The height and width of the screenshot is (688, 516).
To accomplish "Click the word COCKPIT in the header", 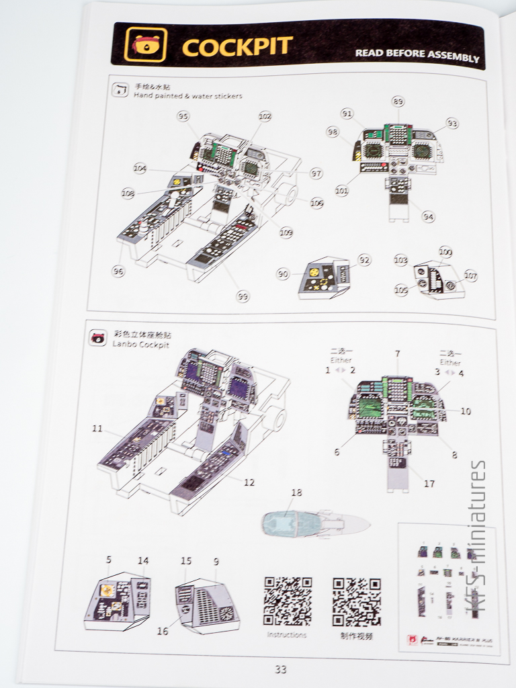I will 236,47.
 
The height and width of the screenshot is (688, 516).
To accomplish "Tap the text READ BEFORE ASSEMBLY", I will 417,55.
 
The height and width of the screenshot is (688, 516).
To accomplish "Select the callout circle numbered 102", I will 265,116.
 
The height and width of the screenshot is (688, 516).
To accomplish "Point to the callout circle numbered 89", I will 398,101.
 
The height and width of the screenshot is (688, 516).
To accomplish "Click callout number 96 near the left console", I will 118,271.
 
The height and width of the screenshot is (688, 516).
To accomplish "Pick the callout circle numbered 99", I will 243,296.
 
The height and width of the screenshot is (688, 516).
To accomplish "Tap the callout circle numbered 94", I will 428,216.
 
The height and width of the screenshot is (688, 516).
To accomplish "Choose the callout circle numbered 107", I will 470,275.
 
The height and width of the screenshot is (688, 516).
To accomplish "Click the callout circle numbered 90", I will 283,273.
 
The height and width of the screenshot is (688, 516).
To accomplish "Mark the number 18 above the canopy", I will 296,492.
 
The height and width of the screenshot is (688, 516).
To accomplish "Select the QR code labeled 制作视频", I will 357,601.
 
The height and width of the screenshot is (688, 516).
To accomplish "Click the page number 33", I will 280,669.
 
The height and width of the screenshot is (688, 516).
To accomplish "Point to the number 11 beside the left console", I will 97,428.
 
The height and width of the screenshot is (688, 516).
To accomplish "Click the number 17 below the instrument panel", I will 429,482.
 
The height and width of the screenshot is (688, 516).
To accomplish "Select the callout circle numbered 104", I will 140,168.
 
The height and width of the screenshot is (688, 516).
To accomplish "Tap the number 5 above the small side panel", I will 109,558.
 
